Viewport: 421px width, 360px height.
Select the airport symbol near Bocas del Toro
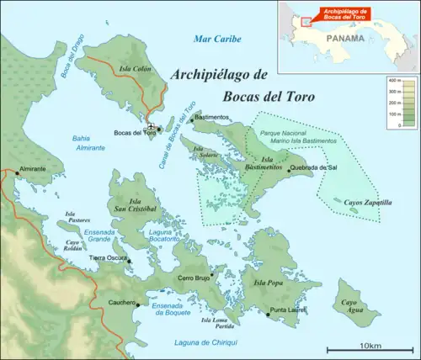151,127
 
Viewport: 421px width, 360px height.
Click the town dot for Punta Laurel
269,314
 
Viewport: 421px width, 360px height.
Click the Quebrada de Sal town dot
289,168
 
